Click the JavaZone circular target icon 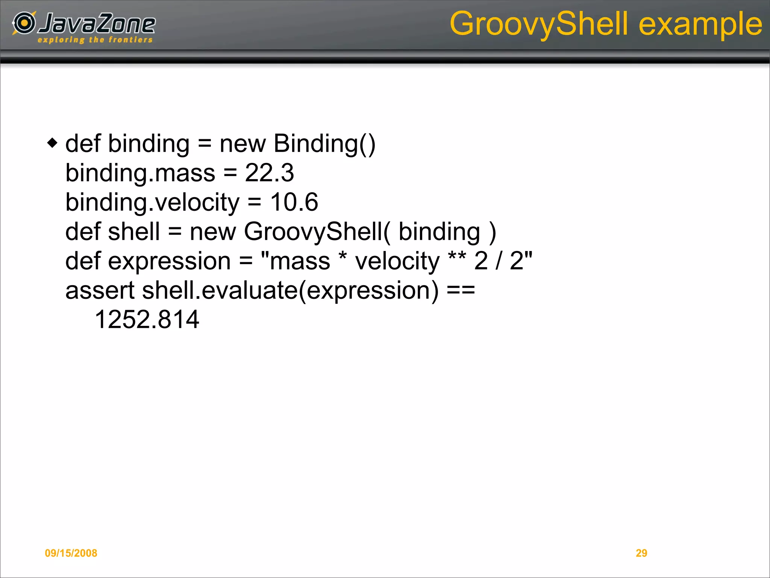click(x=24, y=23)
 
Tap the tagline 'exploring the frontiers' click(x=95, y=40)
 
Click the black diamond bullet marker click(x=53, y=143)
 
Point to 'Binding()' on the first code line click(x=324, y=144)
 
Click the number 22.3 click(x=269, y=173)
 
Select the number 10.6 click(x=294, y=202)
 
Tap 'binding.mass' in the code click(x=140, y=173)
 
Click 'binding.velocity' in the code click(x=152, y=202)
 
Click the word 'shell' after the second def click(x=134, y=231)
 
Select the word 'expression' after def click(x=169, y=261)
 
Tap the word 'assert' click(x=100, y=291)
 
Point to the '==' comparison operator click(x=461, y=291)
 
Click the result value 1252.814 click(x=147, y=319)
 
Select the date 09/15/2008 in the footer click(x=71, y=553)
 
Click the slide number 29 click(x=641, y=553)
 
